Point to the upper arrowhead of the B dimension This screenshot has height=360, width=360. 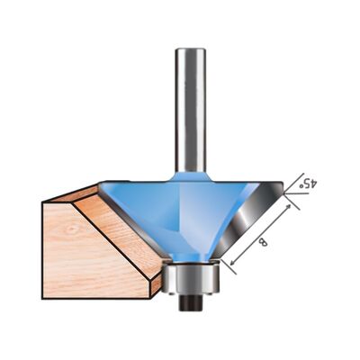pyautogui.click(x=292, y=206)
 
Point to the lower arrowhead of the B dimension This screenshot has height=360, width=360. pyautogui.click(x=232, y=266)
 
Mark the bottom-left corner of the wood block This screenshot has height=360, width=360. pyautogui.click(x=43, y=298)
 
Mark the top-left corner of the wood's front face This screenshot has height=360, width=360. pyautogui.click(x=43, y=201)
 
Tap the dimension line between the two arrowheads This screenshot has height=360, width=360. pyautogui.click(x=262, y=236)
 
